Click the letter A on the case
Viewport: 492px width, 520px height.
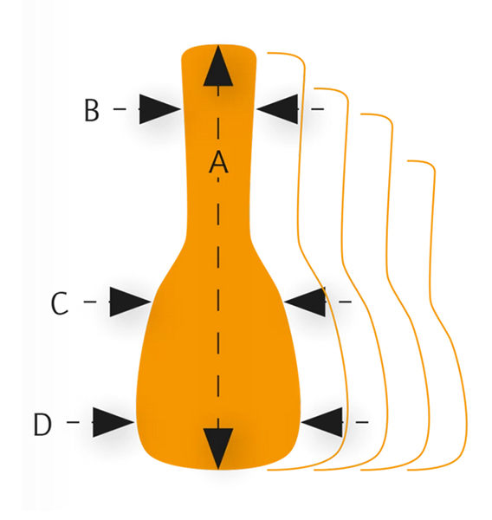tap(218, 162)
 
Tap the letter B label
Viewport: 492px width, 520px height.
tap(92, 110)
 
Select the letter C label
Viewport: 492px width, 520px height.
tap(60, 303)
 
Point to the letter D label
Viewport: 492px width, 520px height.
tap(42, 424)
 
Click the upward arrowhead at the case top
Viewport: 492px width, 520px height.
tap(218, 66)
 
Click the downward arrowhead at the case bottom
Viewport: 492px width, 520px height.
tap(218, 449)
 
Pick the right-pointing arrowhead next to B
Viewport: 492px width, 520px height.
tap(159, 109)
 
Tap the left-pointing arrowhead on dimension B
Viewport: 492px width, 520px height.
tap(277, 109)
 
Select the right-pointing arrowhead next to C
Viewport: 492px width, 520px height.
tap(130, 302)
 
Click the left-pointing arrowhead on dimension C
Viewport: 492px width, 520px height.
tap(305, 302)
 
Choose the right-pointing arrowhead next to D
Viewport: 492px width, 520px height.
tap(113, 422)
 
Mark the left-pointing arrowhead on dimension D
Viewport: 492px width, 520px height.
tap(322, 422)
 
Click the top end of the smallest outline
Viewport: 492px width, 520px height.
tap(408, 161)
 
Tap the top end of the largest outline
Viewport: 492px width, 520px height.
tap(268, 53)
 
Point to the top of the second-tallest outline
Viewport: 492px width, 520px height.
tap(314, 88)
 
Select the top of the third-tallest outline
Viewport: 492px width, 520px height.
tap(361, 114)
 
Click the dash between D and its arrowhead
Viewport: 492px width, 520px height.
tap(74, 422)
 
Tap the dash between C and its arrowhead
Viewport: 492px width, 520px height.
tap(90, 302)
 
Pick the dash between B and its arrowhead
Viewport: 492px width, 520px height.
tap(120, 109)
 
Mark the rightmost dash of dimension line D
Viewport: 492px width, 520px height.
tap(362, 422)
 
